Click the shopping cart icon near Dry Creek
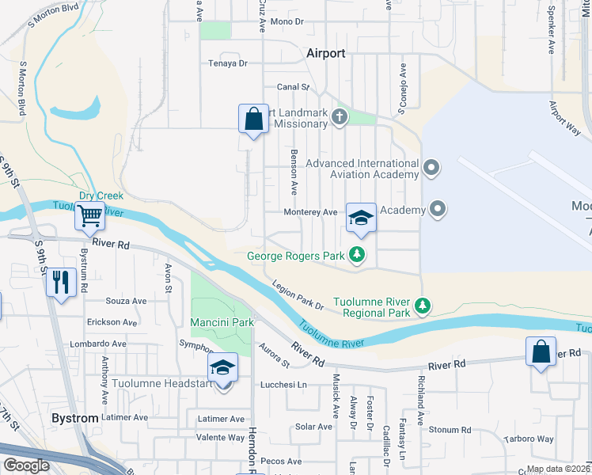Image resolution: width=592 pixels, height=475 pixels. tap(89, 215)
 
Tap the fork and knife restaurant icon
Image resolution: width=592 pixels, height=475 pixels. tap(61, 280)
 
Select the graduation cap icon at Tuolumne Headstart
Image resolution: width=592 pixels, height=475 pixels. tap(222, 368)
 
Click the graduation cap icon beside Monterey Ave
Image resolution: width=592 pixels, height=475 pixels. tap(361, 218)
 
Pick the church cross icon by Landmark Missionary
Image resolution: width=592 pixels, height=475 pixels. tap(340, 118)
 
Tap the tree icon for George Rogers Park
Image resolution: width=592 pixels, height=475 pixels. tap(358, 255)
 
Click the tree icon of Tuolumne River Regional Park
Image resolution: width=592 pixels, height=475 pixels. tap(423, 305)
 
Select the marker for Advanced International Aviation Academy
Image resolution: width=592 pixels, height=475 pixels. tap(431, 168)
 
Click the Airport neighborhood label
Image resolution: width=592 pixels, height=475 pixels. tap(325, 53)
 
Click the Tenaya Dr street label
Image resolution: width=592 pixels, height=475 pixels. tap(228, 63)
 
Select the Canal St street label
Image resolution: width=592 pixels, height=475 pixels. tap(292, 87)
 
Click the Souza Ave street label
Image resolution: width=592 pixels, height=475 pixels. tap(127, 301)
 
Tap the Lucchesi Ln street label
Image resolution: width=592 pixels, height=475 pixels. tap(284, 385)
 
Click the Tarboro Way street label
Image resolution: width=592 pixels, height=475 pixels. tap(529, 439)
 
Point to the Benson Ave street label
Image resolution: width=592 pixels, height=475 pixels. tap(294, 173)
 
